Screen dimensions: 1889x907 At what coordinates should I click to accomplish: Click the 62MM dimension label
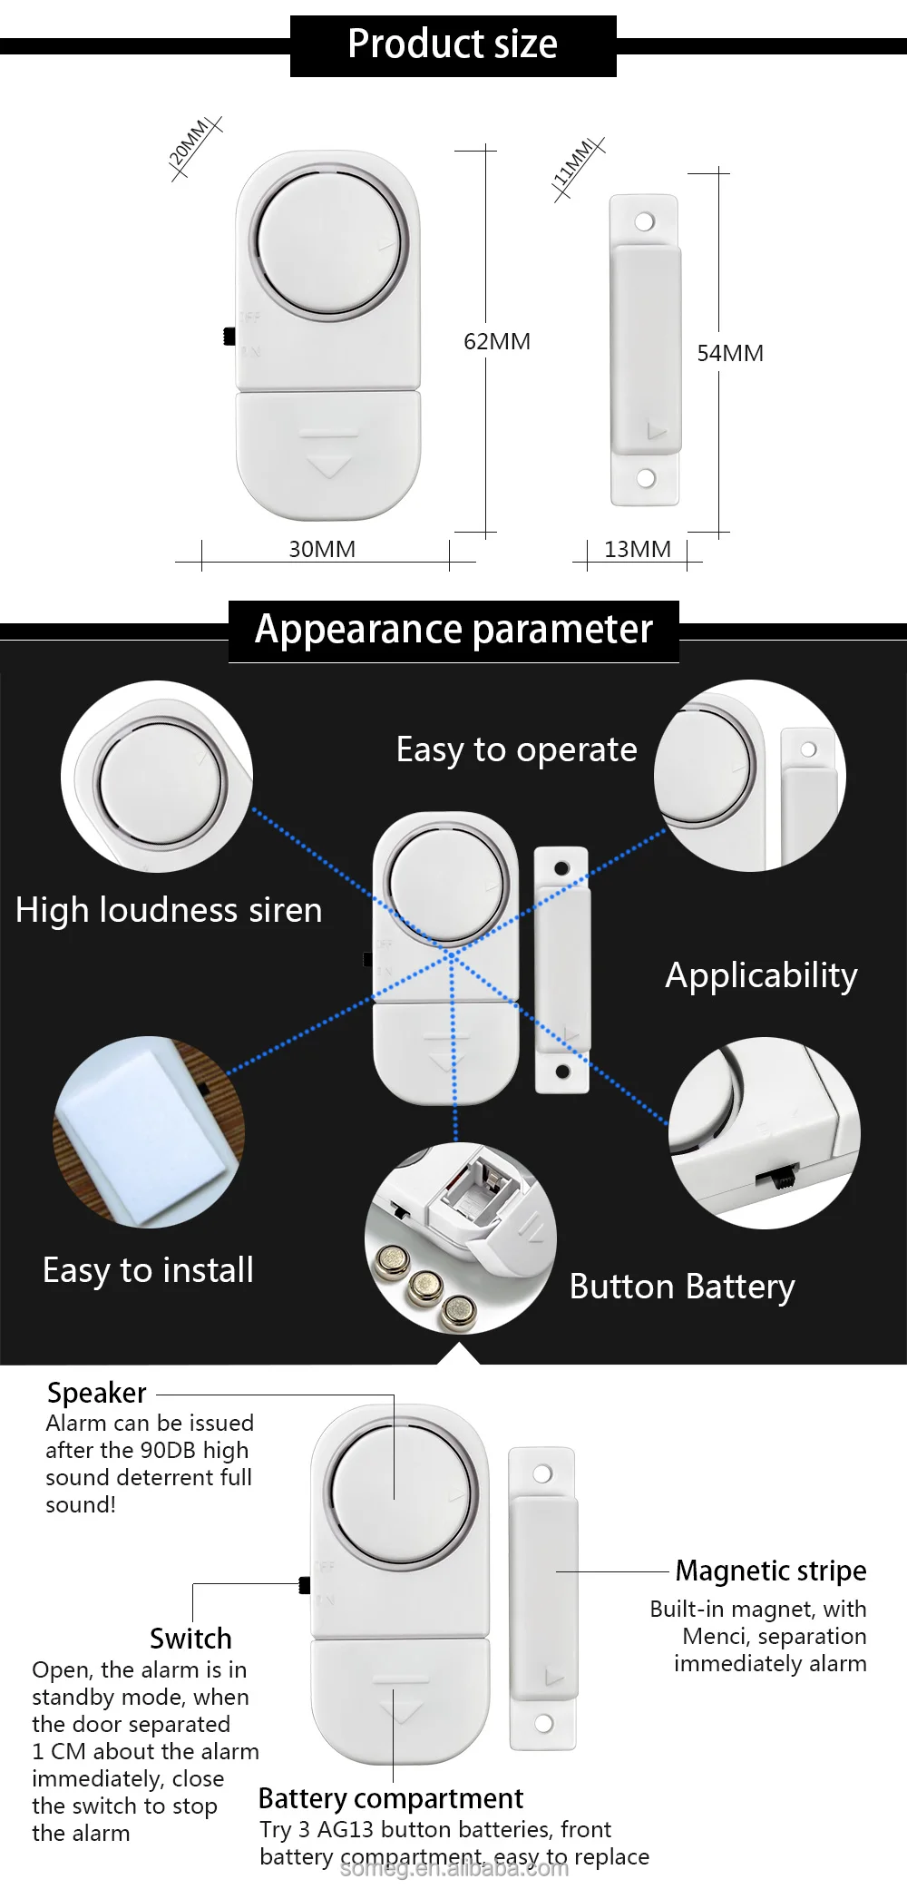(x=496, y=342)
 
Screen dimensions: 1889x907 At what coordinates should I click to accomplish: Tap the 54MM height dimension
(x=729, y=354)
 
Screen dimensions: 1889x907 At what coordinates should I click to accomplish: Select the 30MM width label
(x=322, y=550)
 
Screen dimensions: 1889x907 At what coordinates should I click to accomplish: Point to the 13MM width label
(x=637, y=550)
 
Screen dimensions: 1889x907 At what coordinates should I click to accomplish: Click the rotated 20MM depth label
(x=191, y=144)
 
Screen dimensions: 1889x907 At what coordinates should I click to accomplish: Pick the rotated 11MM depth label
(x=574, y=164)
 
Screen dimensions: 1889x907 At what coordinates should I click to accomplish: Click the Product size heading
(x=453, y=44)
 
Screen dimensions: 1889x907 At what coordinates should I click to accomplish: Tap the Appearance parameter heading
(x=453, y=630)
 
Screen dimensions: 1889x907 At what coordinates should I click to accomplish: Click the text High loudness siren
(x=169, y=910)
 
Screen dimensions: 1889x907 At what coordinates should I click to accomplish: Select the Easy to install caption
(x=148, y=1270)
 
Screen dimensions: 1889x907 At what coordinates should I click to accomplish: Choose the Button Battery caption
(x=682, y=1287)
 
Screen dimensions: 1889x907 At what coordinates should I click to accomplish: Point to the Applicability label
(x=761, y=975)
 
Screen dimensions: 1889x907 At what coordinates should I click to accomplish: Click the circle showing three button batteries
(x=460, y=1238)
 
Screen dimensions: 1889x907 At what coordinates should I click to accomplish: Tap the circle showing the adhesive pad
(x=149, y=1132)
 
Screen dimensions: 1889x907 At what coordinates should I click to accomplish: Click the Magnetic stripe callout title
(x=771, y=1571)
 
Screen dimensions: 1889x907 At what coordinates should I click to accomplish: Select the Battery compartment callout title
(x=390, y=1798)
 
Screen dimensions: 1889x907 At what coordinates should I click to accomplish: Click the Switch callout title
(x=190, y=1639)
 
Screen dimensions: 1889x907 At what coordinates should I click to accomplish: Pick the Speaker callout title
(x=96, y=1393)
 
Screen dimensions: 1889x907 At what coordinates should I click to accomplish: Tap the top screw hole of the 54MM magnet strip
(x=644, y=221)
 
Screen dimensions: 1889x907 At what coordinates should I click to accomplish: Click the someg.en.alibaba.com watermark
(x=453, y=1867)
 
